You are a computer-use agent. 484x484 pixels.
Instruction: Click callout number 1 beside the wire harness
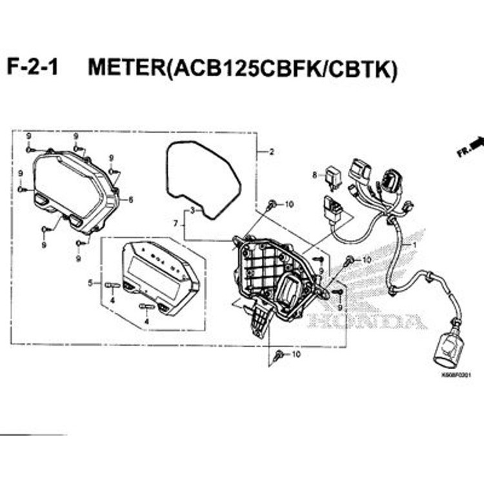tap(415, 245)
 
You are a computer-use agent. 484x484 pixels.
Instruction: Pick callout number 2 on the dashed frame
tap(272, 152)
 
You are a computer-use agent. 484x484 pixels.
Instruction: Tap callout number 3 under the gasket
tap(192, 211)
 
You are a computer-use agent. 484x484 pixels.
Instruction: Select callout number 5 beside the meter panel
tap(91, 283)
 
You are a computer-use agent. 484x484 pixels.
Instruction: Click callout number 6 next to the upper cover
tap(130, 200)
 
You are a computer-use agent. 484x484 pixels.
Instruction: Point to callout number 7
tap(175, 223)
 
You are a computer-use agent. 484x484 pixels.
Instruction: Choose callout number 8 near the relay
tap(314, 175)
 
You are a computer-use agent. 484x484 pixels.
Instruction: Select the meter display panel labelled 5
tap(158, 274)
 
